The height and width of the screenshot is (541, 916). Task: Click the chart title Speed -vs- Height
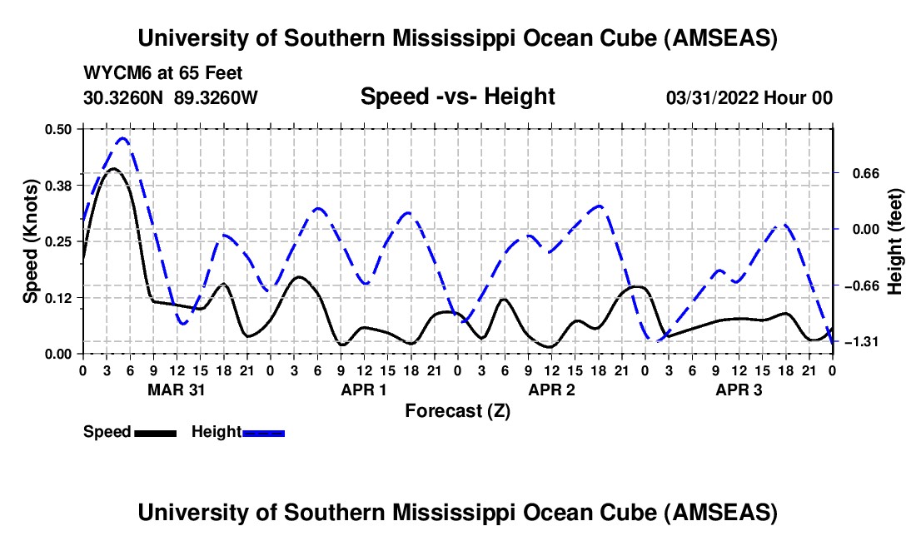[x=457, y=97]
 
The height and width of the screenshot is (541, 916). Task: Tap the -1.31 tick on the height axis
[x=858, y=342]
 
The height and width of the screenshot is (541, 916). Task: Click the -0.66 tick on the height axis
[x=858, y=285]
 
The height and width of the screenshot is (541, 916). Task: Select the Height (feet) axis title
[x=895, y=241]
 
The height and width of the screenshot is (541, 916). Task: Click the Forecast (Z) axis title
[x=457, y=410]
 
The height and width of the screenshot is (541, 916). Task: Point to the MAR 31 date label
[x=176, y=390]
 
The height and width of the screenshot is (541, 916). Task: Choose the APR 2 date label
[x=551, y=390]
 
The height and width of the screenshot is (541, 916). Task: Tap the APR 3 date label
[x=739, y=390]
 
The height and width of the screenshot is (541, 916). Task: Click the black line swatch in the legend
[x=155, y=432]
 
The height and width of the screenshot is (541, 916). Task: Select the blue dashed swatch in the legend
[x=263, y=432]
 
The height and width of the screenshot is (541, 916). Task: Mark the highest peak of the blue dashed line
[x=123, y=138]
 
